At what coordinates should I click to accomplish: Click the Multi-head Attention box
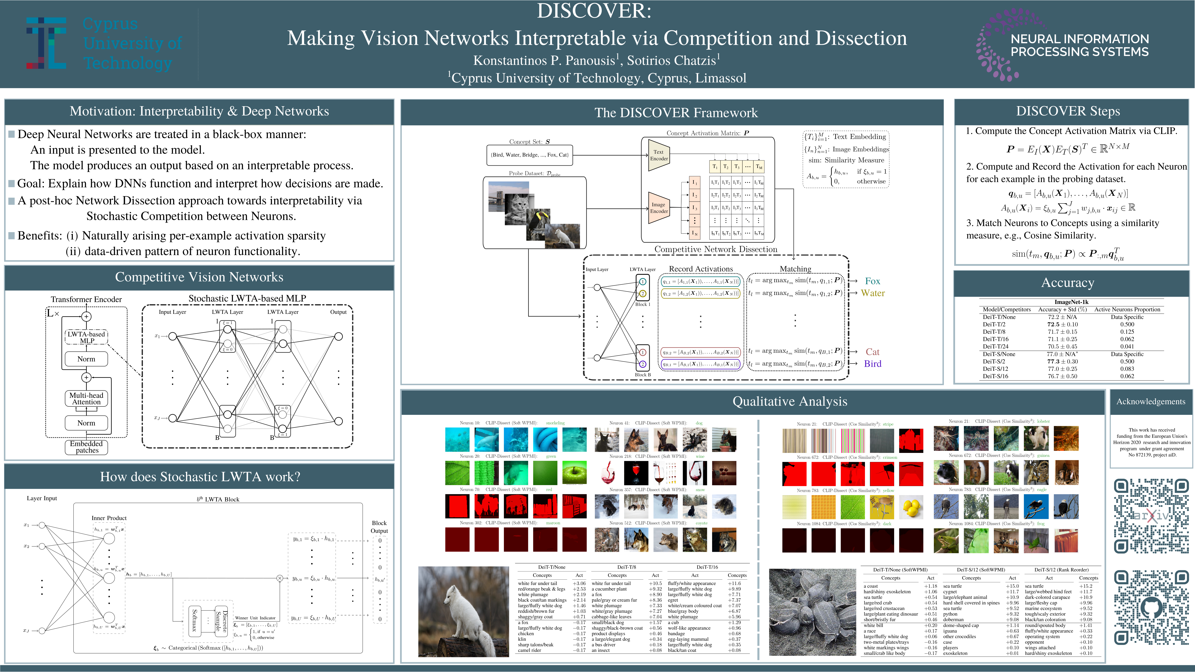pos(86,398)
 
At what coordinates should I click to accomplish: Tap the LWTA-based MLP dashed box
pos(87,337)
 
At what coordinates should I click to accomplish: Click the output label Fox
pos(872,281)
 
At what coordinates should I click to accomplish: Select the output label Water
pos(873,293)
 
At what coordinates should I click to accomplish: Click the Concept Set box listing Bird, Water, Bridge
pos(529,155)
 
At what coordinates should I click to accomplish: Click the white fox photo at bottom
pos(457,611)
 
